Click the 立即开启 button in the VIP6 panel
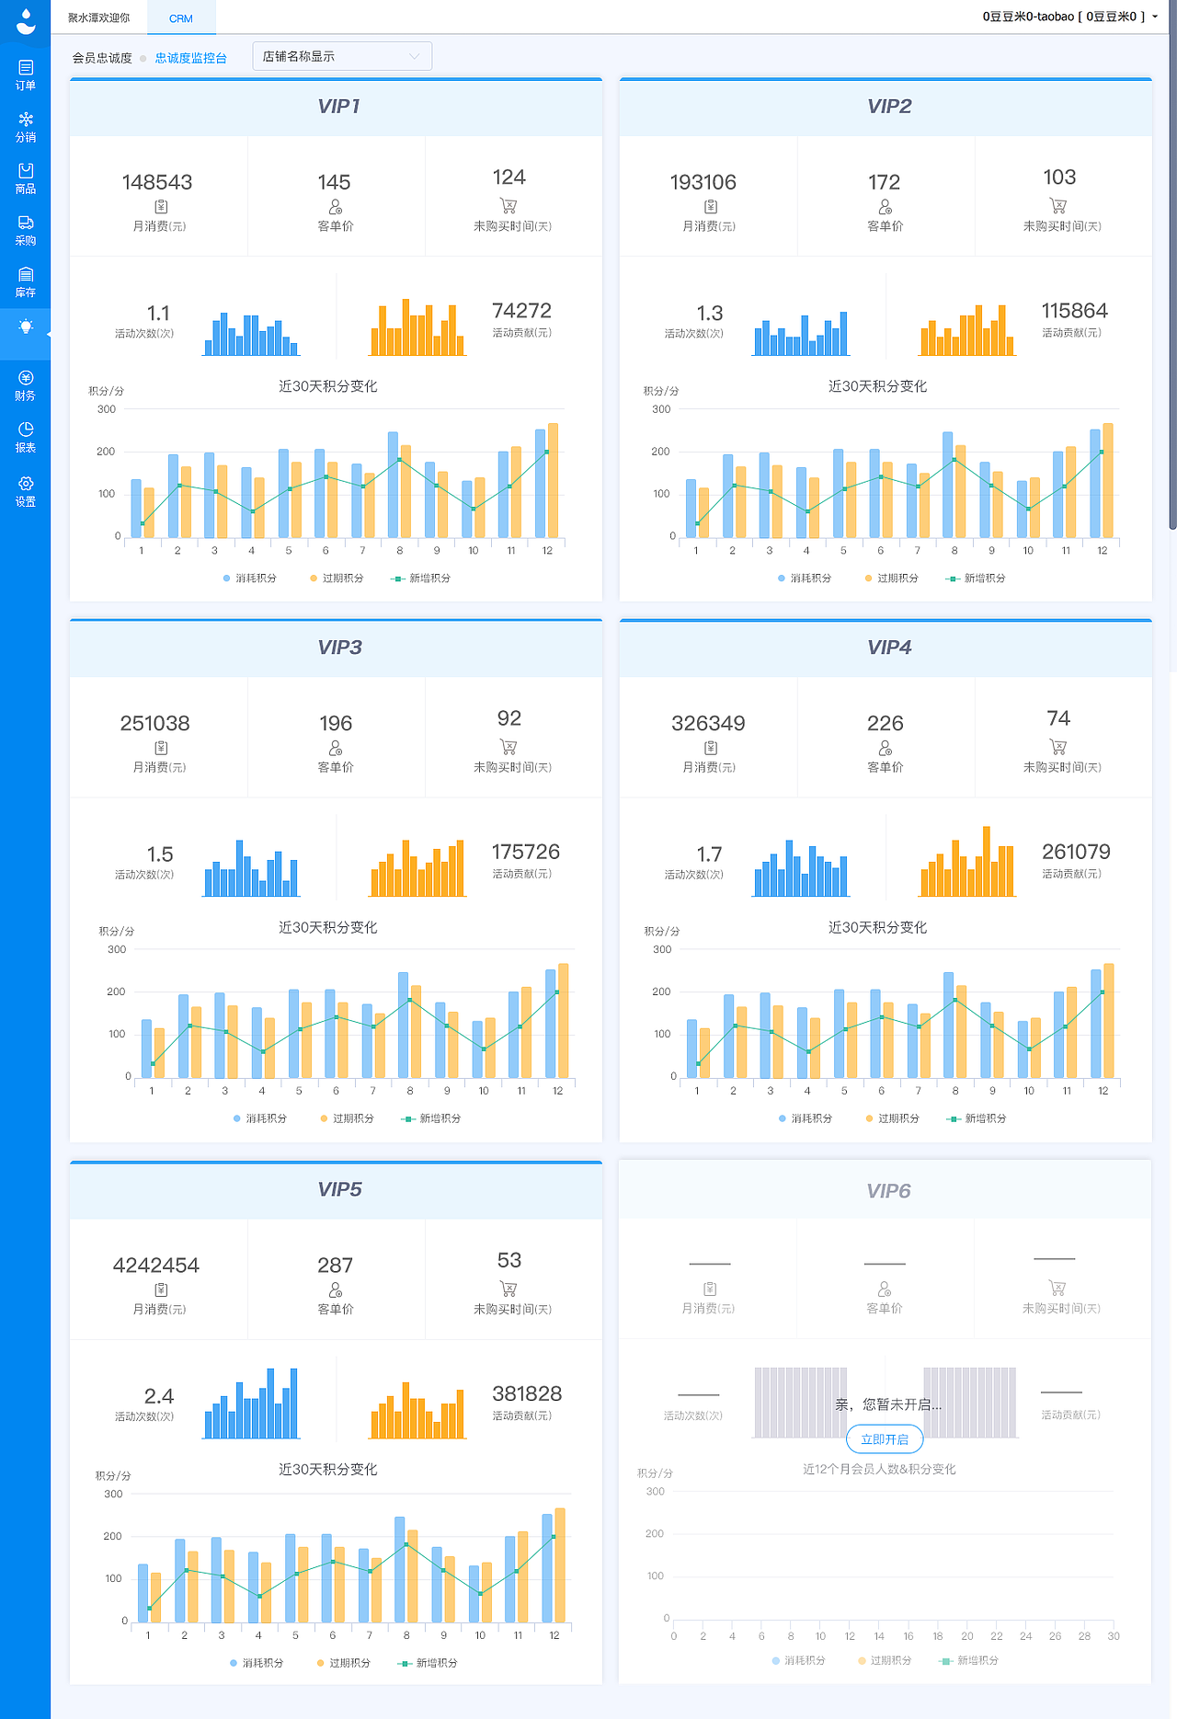point(885,1439)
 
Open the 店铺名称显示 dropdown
point(341,56)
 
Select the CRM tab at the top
point(181,18)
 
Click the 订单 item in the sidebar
point(26,74)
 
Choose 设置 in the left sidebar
point(26,491)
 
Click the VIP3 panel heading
point(339,647)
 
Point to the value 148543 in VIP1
point(157,182)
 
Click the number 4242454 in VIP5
point(156,1265)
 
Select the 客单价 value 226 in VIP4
point(885,723)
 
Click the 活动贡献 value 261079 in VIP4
point(1076,852)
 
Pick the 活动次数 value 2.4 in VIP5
point(159,1396)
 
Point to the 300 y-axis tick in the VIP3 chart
point(117,949)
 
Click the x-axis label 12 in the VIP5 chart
point(554,1635)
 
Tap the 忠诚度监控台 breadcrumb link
point(190,58)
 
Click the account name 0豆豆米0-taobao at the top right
point(1027,17)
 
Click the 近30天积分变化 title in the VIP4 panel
point(877,927)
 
